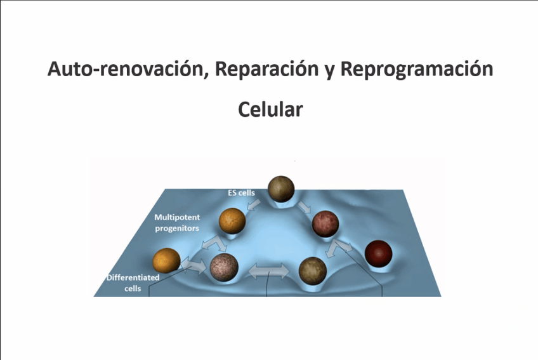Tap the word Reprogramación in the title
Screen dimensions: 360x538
pyautogui.click(x=417, y=69)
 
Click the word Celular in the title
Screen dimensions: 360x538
pyautogui.click(x=270, y=109)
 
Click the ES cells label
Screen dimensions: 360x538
pyautogui.click(x=241, y=191)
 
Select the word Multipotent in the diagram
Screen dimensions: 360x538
pyautogui.click(x=180, y=217)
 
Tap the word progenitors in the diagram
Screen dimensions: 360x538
pyautogui.click(x=177, y=227)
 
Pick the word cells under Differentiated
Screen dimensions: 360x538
pyautogui.click(x=132, y=288)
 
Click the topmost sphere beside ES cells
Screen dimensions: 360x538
pyautogui.click(x=281, y=189)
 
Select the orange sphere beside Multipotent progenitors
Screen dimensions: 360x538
pyautogui.click(x=232, y=220)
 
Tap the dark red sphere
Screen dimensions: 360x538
pyautogui.click(x=379, y=253)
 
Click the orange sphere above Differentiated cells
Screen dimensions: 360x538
pyautogui.click(x=167, y=261)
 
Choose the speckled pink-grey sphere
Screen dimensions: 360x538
pyautogui.click(x=224, y=267)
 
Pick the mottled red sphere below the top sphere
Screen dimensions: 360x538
pyautogui.click(x=325, y=223)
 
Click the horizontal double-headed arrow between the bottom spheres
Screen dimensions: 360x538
pyautogui.click(x=268, y=274)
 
